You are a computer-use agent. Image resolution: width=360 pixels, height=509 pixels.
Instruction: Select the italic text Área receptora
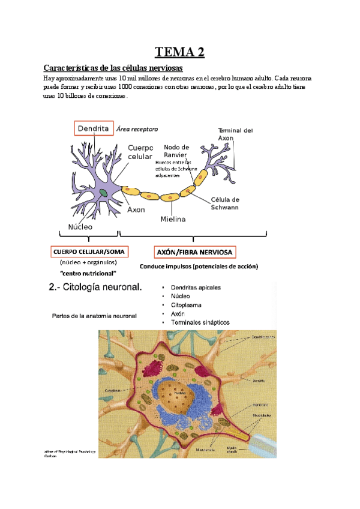click(137, 128)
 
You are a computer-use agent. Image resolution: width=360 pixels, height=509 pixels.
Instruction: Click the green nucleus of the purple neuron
click(104, 193)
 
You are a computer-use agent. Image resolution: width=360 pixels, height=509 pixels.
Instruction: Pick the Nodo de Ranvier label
click(176, 151)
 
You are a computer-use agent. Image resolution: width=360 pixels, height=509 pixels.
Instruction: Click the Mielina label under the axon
click(173, 219)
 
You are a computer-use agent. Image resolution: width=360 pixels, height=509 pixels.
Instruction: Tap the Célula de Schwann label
click(225, 203)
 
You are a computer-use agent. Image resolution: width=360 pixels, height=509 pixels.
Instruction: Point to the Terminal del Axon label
click(235, 134)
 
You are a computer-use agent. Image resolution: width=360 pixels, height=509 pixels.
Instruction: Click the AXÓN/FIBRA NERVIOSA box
click(195, 251)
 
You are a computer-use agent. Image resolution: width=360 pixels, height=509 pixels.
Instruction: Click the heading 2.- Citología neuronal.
click(95, 288)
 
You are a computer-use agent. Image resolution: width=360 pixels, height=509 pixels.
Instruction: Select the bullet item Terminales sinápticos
click(200, 322)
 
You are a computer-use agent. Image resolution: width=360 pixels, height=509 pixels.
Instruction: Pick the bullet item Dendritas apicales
click(196, 288)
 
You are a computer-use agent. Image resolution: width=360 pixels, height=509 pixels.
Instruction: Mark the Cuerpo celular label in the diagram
click(140, 152)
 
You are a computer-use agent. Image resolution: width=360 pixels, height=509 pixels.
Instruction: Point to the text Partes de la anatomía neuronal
click(95, 316)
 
